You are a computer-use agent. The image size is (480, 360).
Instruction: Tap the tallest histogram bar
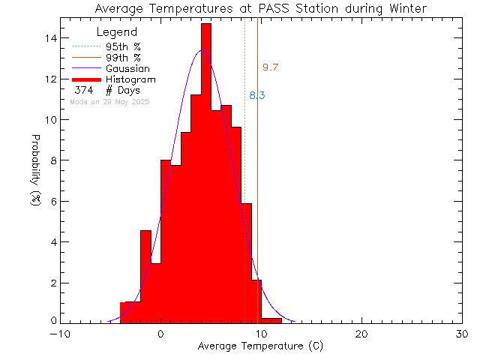[206, 172]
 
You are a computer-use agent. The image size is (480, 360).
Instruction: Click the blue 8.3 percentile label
[256, 95]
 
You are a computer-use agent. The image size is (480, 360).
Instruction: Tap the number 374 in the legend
[83, 90]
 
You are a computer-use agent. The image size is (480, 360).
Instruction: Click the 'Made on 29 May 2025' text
[109, 101]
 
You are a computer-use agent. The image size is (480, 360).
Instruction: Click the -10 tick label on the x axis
[60, 334]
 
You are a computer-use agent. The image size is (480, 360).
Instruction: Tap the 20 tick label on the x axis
[361, 334]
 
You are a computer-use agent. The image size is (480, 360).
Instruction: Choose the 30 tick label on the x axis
[462, 334]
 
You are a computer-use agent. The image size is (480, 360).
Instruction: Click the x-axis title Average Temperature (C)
[260, 346]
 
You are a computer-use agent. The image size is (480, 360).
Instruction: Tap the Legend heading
[117, 32]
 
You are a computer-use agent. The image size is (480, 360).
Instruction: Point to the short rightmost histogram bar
[271, 320]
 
